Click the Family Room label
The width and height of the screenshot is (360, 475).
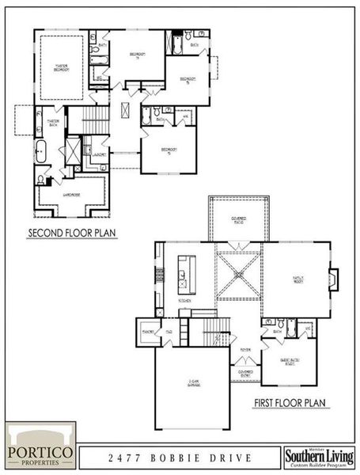(299, 279)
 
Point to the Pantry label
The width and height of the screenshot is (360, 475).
(147, 332)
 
